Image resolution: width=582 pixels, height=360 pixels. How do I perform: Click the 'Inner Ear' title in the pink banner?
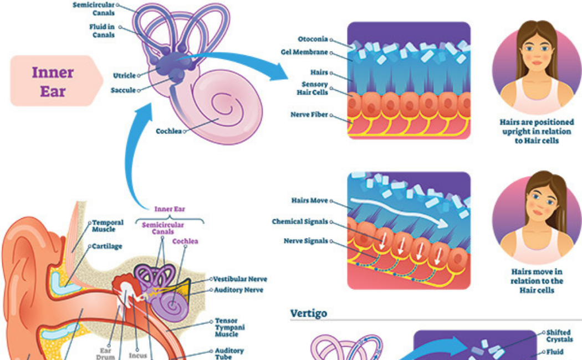click(53, 81)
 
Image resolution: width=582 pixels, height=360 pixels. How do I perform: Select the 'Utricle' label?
click(124, 75)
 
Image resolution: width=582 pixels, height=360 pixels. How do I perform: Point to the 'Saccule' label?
click(122, 90)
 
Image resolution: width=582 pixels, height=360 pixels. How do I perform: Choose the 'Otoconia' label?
click(313, 39)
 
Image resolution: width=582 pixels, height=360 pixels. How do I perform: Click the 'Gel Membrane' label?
click(304, 53)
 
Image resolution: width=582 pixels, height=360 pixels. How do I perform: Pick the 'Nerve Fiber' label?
click(309, 115)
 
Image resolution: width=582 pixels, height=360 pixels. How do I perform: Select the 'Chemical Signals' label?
click(300, 222)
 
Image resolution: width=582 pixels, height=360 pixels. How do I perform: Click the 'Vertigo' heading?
click(309, 313)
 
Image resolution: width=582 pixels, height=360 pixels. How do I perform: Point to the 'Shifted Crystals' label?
click(559, 336)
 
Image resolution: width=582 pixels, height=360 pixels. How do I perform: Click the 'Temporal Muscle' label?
click(108, 226)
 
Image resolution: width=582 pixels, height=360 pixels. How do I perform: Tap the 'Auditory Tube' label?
click(229, 353)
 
